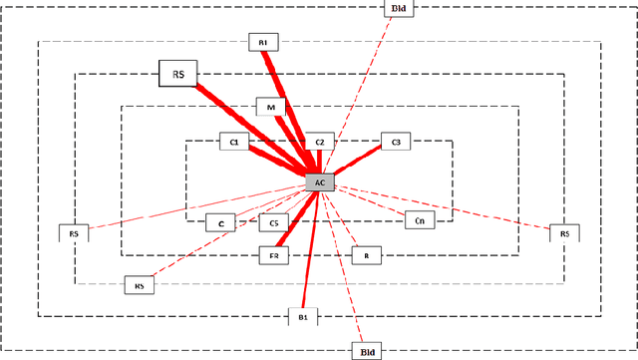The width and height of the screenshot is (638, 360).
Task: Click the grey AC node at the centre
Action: coord(319,183)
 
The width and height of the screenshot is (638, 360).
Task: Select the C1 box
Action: coord(234,144)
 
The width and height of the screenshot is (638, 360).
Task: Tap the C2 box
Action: coord(319,144)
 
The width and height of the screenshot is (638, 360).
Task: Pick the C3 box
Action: coord(396,144)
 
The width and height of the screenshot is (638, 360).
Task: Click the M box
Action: coord(270,106)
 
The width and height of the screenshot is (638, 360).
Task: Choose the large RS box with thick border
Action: coord(178,73)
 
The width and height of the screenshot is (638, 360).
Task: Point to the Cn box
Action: coord(420,219)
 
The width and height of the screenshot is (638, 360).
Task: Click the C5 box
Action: coord(274,223)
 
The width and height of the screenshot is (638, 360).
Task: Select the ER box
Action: coord(273,255)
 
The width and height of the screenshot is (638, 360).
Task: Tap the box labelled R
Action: coord(366,255)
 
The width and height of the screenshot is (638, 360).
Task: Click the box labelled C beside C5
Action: coord(220,223)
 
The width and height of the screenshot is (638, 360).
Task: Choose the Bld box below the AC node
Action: coord(365,351)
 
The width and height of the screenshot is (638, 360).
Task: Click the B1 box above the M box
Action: coord(263,42)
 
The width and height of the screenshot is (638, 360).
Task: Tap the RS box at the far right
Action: coord(564,233)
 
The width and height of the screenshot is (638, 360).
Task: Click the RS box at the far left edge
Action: coord(74,233)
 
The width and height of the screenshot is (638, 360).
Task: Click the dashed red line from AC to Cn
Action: coord(369,200)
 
